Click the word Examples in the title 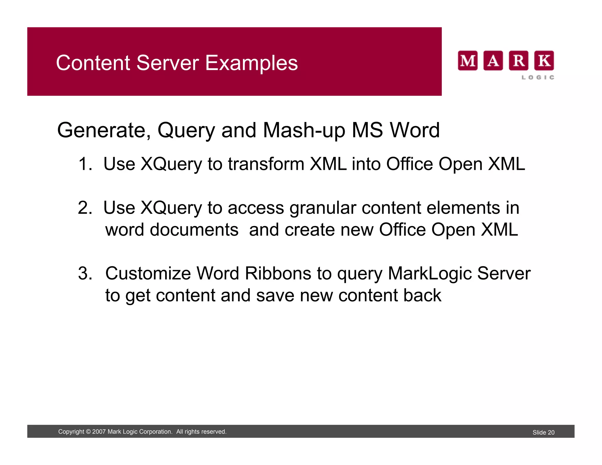click(x=251, y=63)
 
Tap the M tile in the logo click(x=468, y=61)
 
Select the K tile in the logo click(x=544, y=61)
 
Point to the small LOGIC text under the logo click(x=538, y=77)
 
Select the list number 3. click(x=85, y=273)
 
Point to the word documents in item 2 click(x=194, y=230)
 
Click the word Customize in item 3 click(x=148, y=273)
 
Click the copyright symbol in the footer click(x=88, y=432)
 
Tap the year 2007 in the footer click(x=99, y=432)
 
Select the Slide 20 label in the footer click(x=543, y=432)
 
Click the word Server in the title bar click(x=168, y=63)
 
